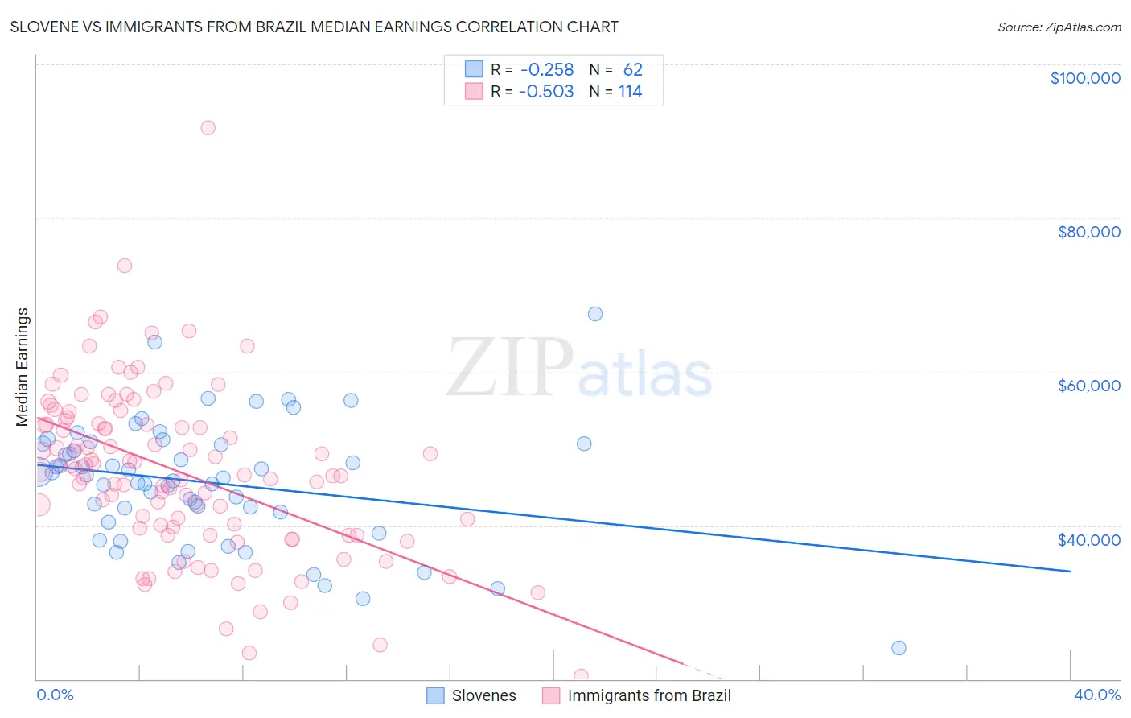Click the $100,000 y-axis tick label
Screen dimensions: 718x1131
point(1084,78)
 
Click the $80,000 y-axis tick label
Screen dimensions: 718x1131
point(1088,232)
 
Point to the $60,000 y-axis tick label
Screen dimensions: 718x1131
point(1088,386)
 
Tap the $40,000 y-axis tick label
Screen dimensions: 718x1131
point(1088,539)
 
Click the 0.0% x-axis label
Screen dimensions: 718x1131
point(55,695)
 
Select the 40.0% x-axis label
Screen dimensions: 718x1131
point(1096,695)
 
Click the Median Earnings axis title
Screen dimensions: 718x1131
point(23,366)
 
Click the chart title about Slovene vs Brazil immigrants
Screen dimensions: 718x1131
point(314,27)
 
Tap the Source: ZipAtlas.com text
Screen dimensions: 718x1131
point(1059,27)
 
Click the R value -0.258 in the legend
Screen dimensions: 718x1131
point(546,70)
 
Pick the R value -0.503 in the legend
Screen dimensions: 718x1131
point(546,92)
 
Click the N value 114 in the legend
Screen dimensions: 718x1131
point(630,92)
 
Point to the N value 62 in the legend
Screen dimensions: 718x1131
point(632,70)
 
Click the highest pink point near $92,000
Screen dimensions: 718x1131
point(208,127)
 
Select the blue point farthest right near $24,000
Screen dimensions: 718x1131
point(899,648)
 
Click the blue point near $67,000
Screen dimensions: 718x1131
point(594,314)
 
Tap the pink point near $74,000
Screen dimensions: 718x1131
point(125,266)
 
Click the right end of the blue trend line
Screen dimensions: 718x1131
point(1070,571)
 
